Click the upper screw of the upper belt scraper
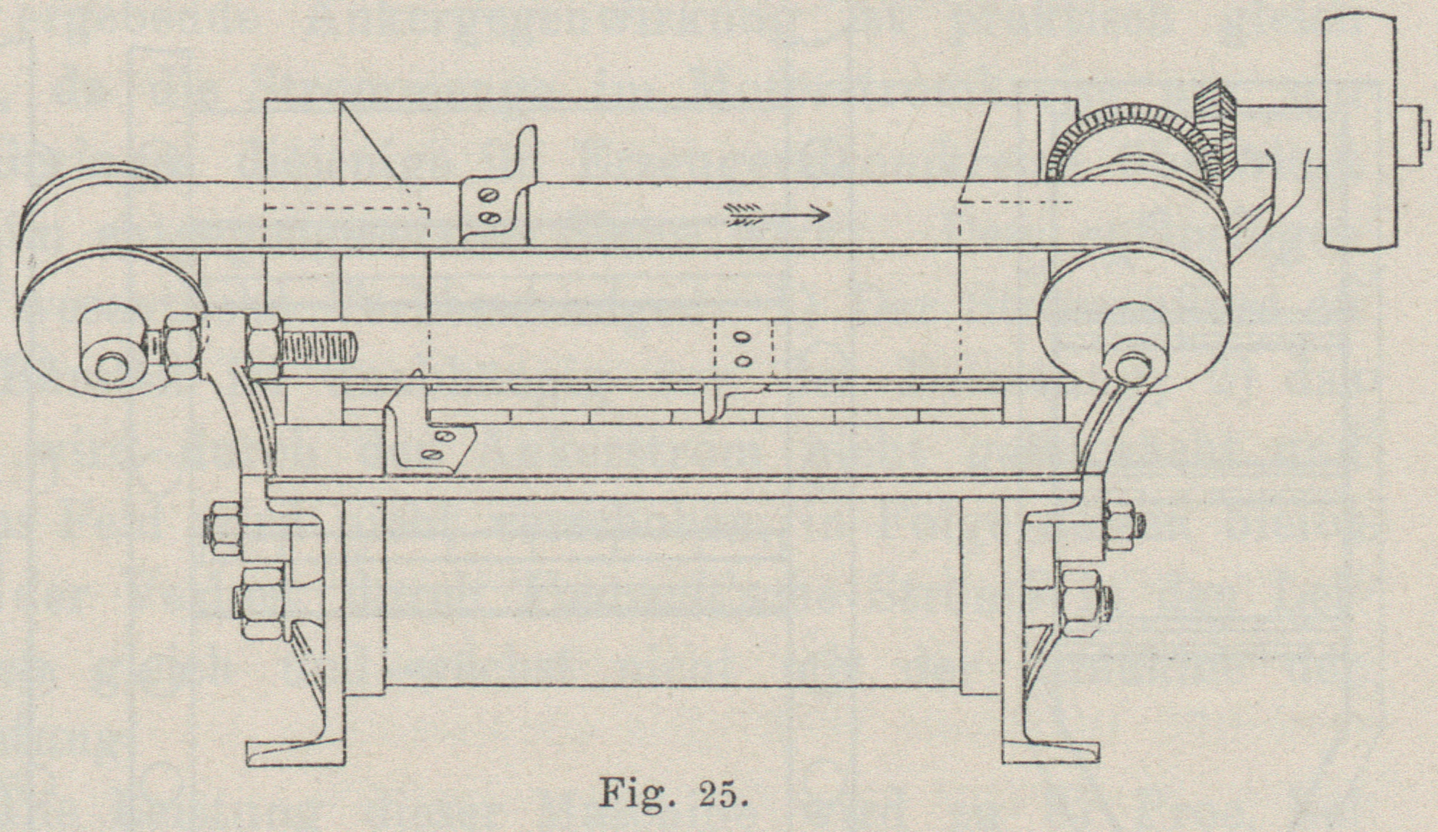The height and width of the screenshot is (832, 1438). (x=492, y=194)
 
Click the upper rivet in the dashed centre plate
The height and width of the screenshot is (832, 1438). (x=742, y=337)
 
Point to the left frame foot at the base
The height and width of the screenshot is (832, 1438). (x=294, y=751)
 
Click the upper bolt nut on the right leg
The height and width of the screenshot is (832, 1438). (x=1120, y=525)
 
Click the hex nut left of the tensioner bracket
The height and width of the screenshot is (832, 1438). (x=182, y=346)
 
